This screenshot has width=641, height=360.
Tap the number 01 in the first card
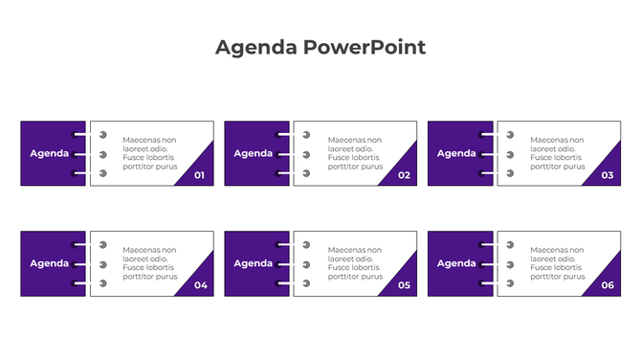[200, 175]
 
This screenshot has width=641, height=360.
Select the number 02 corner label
[404, 175]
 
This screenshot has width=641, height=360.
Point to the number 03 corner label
[608, 175]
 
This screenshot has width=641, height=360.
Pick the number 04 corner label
[200, 285]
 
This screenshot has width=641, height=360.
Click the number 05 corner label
[404, 285]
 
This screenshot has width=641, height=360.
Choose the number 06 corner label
[608, 285]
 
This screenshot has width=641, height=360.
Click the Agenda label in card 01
[50, 153]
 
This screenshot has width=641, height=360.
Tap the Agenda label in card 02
[254, 153]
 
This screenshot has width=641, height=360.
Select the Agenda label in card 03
[457, 153]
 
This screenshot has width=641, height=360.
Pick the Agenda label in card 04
[50, 263]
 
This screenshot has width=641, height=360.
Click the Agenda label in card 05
[254, 263]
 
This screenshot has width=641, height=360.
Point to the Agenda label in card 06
[457, 263]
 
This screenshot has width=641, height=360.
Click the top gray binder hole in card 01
[103, 135]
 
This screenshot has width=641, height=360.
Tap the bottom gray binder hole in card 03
[511, 173]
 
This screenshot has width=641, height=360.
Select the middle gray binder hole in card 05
[307, 264]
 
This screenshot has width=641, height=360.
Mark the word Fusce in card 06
[541, 267]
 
